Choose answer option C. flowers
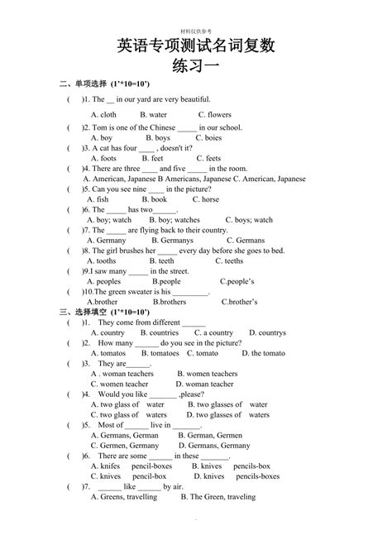(x=215, y=115)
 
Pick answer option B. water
(x=153, y=115)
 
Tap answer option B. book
(x=154, y=199)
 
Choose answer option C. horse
(x=207, y=199)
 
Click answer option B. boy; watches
(x=174, y=220)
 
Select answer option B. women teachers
(x=207, y=374)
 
